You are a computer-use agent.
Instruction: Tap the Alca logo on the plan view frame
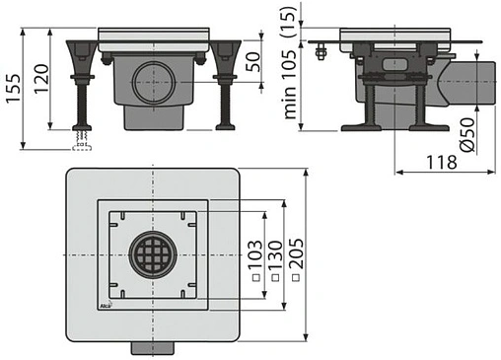click(x=107, y=312)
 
